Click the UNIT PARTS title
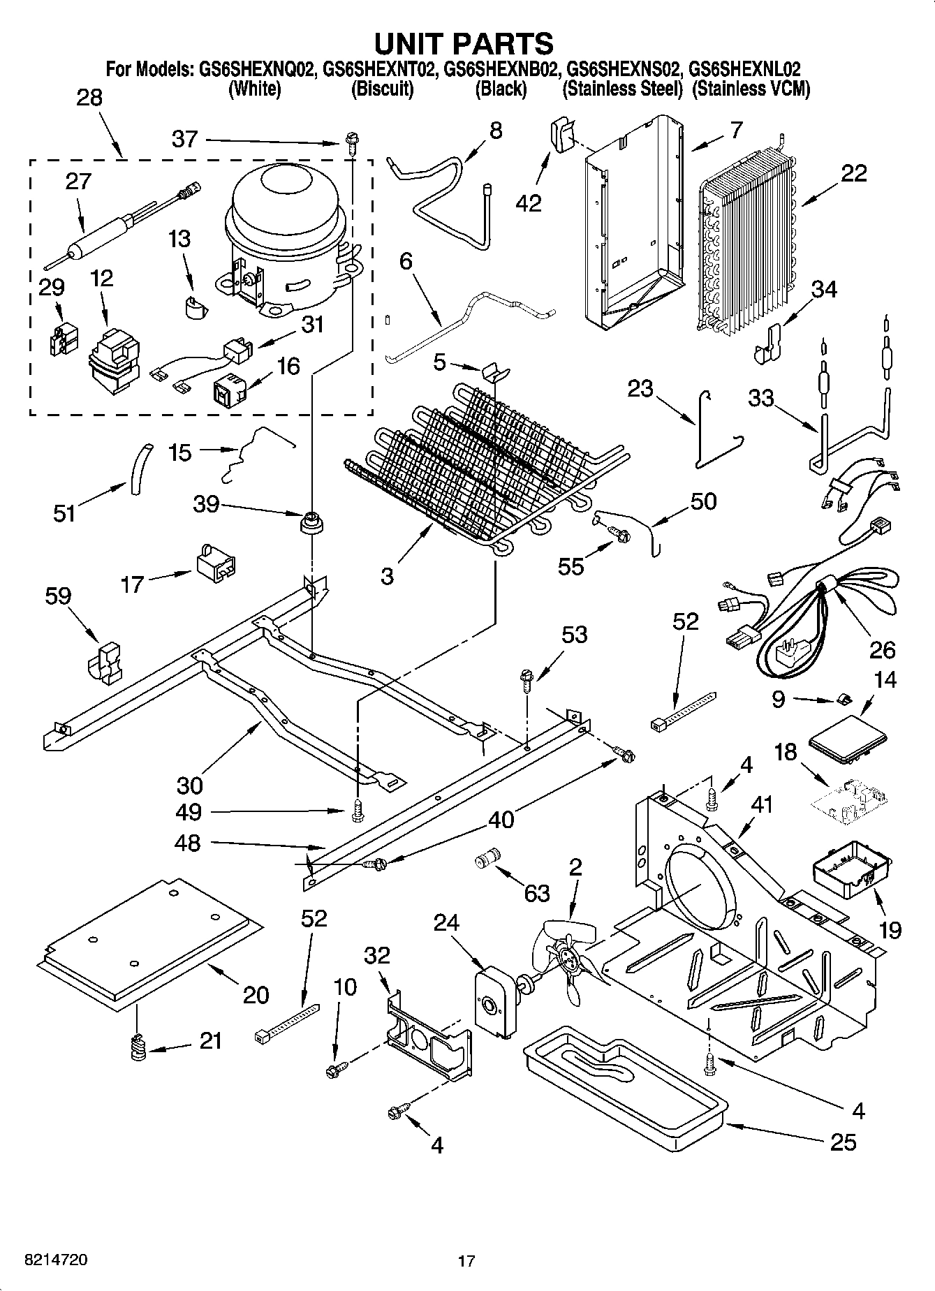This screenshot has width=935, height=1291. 464,43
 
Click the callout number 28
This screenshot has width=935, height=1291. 89,98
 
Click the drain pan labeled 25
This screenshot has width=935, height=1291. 625,1089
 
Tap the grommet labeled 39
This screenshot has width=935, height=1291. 311,522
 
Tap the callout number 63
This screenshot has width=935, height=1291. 536,892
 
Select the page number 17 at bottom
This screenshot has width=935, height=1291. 466,1261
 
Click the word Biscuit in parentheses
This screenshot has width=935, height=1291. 383,89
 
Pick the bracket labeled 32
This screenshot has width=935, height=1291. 427,1033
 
